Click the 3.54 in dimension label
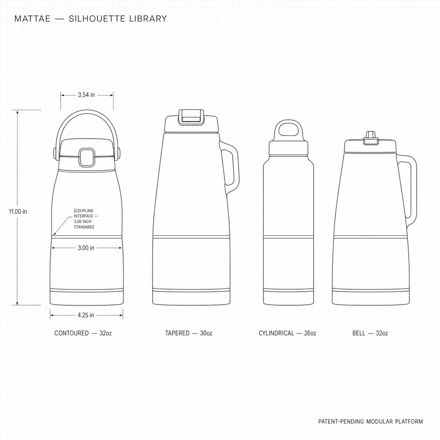(86, 95)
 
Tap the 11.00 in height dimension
(18, 211)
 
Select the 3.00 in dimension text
(86, 248)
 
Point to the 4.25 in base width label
(86, 315)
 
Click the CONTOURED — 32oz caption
(83, 333)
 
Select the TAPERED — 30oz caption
(189, 333)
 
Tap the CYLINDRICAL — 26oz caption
(287, 333)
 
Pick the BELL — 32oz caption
(370, 333)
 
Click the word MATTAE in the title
(32, 18)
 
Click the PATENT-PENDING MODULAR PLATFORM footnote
(370, 421)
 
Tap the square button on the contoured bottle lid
(86, 158)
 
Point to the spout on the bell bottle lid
(370, 137)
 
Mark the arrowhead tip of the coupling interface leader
(53, 235)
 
